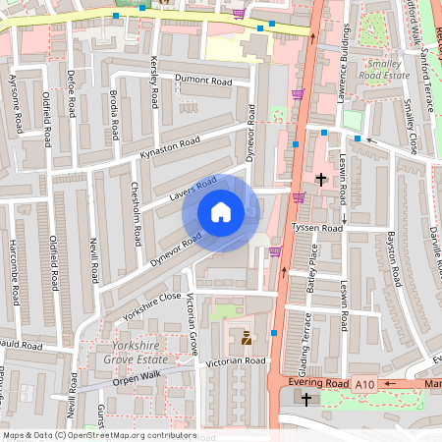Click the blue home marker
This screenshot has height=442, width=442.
(221, 212)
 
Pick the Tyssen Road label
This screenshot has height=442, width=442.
(317, 228)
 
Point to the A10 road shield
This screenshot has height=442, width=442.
(366, 383)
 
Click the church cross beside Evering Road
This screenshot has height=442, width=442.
(306, 400)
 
